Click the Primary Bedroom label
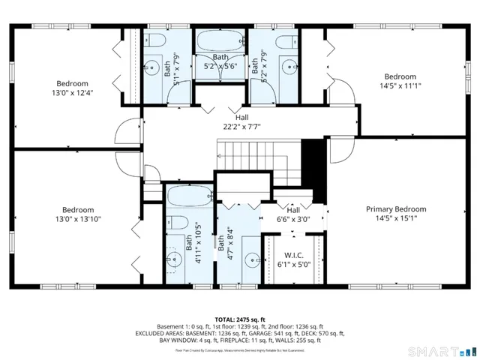point(395,209)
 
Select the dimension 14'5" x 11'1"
point(400,86)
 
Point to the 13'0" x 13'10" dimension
point(77,219)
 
